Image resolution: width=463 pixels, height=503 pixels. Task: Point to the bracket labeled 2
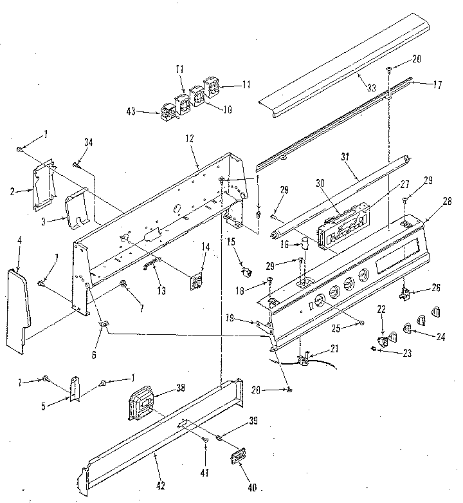click(x=42, y=187)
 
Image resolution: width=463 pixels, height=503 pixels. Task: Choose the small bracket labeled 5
click(x=75, y=388)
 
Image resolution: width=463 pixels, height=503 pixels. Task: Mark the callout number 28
click(x=446, y=202)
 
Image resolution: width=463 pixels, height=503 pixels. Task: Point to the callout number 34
click(x=88, y=142)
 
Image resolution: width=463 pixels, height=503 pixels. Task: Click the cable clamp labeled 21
click(x=304, y=356)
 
